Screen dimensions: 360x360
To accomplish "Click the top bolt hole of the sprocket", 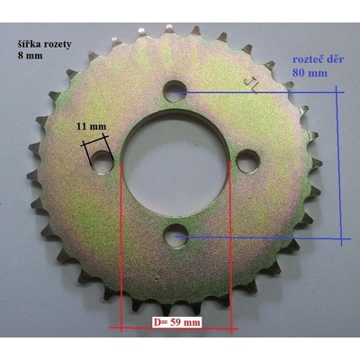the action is point(175,91).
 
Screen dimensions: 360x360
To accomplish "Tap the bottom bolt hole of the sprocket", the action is point(175,236).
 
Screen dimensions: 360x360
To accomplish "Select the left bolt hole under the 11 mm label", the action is point(103,162).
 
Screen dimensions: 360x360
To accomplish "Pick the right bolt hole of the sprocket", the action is point(248,161).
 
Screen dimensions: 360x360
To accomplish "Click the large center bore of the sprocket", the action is point(175,165).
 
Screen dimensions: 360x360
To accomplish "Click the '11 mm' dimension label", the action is point(91,126).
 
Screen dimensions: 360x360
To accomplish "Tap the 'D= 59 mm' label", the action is point(176,322).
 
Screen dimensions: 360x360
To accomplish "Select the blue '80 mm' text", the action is point(310,73).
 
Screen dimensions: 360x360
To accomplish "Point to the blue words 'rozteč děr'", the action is point(319,58).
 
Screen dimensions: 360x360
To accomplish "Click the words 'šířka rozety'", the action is point(44,44).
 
